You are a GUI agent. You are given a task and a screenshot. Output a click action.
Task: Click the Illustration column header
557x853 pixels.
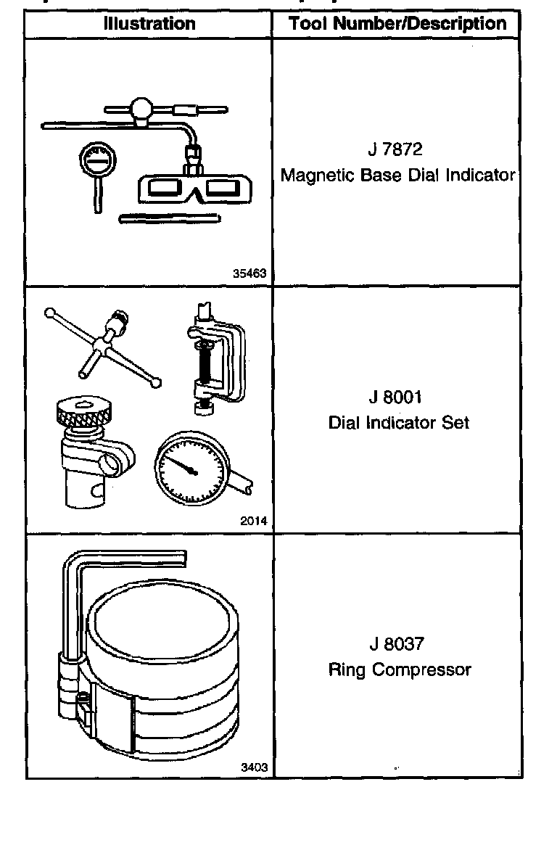(x=149, y=23)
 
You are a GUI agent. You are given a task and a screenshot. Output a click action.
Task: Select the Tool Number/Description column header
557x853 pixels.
(x=397, y=23)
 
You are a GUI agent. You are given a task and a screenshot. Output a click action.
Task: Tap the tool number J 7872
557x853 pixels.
(x=395, y=150)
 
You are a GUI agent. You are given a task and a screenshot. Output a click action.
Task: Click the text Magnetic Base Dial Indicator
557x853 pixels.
(x=397, y=175)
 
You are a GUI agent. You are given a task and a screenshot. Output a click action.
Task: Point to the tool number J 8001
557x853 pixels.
(x=395, y=397)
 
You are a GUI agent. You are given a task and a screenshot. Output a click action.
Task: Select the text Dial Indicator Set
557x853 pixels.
(x=398, y=422)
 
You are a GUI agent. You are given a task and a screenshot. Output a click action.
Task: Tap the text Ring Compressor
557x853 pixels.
(x=399, y=669)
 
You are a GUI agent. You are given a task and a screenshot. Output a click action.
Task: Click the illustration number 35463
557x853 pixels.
(x=249, y=273)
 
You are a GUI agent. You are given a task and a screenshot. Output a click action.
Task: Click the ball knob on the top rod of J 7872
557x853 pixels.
(x=141, y=111)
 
